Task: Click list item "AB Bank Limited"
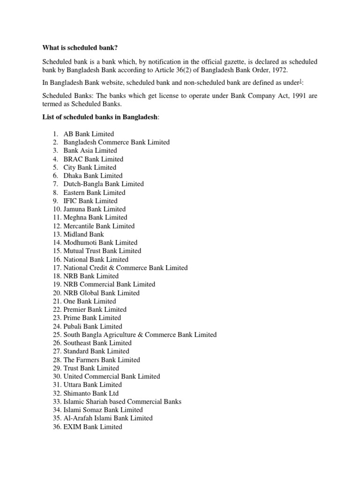[x=89, y=134]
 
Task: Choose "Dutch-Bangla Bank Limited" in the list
[x=103, y=184]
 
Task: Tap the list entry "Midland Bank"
[x=83, y=234]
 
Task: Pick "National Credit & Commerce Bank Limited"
[x=125, y=268]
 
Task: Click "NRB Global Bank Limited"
[x=101, y=293]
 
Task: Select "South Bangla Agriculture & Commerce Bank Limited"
[x=140, y=335]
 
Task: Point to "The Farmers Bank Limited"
[x=101, y=360]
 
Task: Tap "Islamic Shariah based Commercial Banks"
[x=122, y=402]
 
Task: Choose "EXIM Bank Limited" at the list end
[x=92, y=427]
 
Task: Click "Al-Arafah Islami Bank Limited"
[x=108, y=418]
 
